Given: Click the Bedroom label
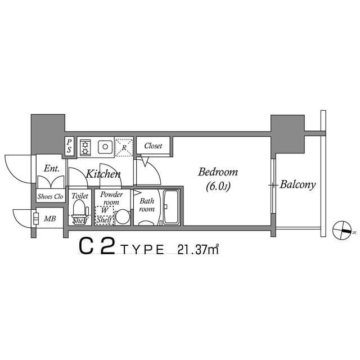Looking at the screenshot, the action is pos(218,172).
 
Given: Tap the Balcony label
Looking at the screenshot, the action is pos(298,184).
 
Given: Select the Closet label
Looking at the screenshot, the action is pos(153,146).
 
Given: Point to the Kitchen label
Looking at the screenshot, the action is pos(103,174).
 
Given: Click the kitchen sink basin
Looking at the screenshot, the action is pos(105,147).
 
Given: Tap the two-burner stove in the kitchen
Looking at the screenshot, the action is pos(85,147).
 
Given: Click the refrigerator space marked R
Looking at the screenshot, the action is pos(124,147).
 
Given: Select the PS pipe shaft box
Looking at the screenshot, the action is pos(69,146).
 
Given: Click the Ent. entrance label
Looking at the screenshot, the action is pos(51,169).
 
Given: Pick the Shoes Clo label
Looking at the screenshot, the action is pos(50,196).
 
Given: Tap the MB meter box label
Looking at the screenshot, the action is pos(50,219).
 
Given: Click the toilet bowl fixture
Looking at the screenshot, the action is pos(80,209).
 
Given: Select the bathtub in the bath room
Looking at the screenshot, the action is pos(171,207).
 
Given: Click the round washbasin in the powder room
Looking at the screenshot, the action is pos(123,217).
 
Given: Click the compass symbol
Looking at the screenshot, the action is pos(342,230).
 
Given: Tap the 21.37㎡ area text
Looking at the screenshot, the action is pos(197,250).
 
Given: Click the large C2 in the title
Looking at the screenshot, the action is pos(97,246).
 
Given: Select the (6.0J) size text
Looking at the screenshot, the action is pos(218,186).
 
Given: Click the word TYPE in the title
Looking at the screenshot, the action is pos(142,250).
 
